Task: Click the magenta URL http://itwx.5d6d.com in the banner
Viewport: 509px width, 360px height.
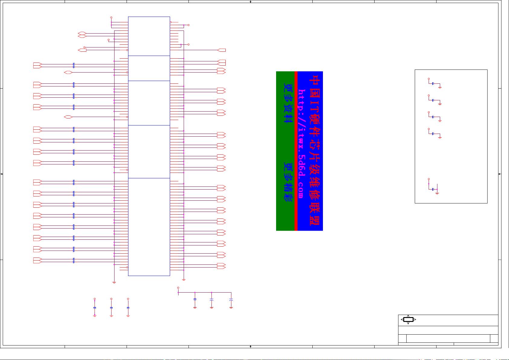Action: tap(301, 144)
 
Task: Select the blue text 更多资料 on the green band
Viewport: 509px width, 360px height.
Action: tap(288, 103)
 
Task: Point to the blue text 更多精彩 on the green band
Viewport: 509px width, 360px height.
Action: tap(288, 182)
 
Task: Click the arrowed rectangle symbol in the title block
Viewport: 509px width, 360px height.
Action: tap(408, 319)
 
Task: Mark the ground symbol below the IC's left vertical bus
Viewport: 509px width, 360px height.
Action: tap(114, 283)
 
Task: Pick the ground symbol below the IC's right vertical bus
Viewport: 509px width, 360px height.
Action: tap(184, 280)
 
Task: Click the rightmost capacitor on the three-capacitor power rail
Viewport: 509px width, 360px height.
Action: tap(231, 300)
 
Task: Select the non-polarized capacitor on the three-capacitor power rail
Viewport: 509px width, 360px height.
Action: tap(195, 300)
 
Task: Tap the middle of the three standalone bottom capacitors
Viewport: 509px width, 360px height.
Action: tap(111, 308)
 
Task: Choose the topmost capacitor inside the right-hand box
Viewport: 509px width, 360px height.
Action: tap(433, 83)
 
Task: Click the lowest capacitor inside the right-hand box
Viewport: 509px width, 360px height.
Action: tap(433, 189)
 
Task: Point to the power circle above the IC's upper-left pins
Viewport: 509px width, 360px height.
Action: tap(111, 18)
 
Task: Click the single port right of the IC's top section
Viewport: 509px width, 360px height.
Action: tap(221, 50)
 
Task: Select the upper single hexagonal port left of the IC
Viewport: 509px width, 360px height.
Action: tap(68, 72)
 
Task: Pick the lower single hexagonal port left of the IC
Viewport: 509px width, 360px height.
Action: tap(68, 117)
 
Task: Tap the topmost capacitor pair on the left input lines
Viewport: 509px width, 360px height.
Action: tap(74, 66)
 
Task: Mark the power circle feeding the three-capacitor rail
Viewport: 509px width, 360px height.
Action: tap(178, 288)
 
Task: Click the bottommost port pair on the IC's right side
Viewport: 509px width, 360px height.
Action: tap(221, 266)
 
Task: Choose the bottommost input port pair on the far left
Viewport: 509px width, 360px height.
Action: tap(37, 260)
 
